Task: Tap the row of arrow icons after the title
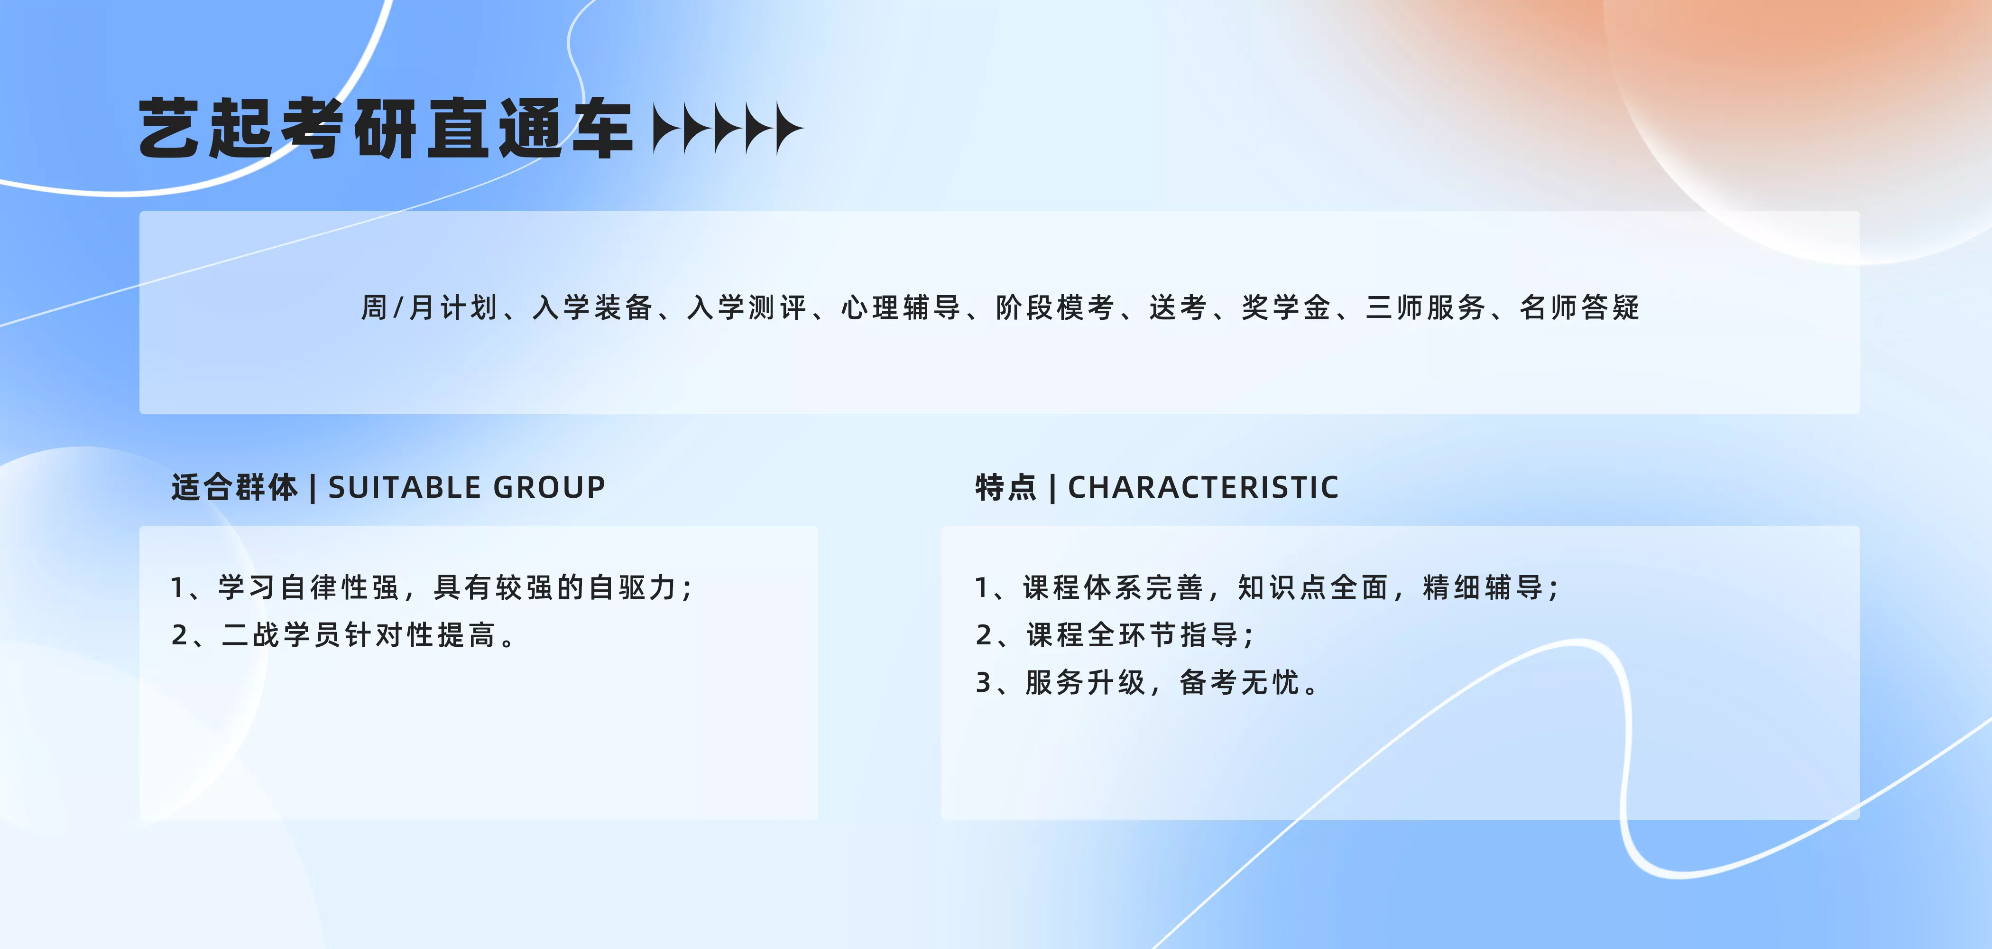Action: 728,129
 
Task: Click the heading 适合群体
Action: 234,487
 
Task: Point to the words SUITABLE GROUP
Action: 467,487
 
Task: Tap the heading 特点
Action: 1005,487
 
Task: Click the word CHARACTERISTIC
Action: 1203,487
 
